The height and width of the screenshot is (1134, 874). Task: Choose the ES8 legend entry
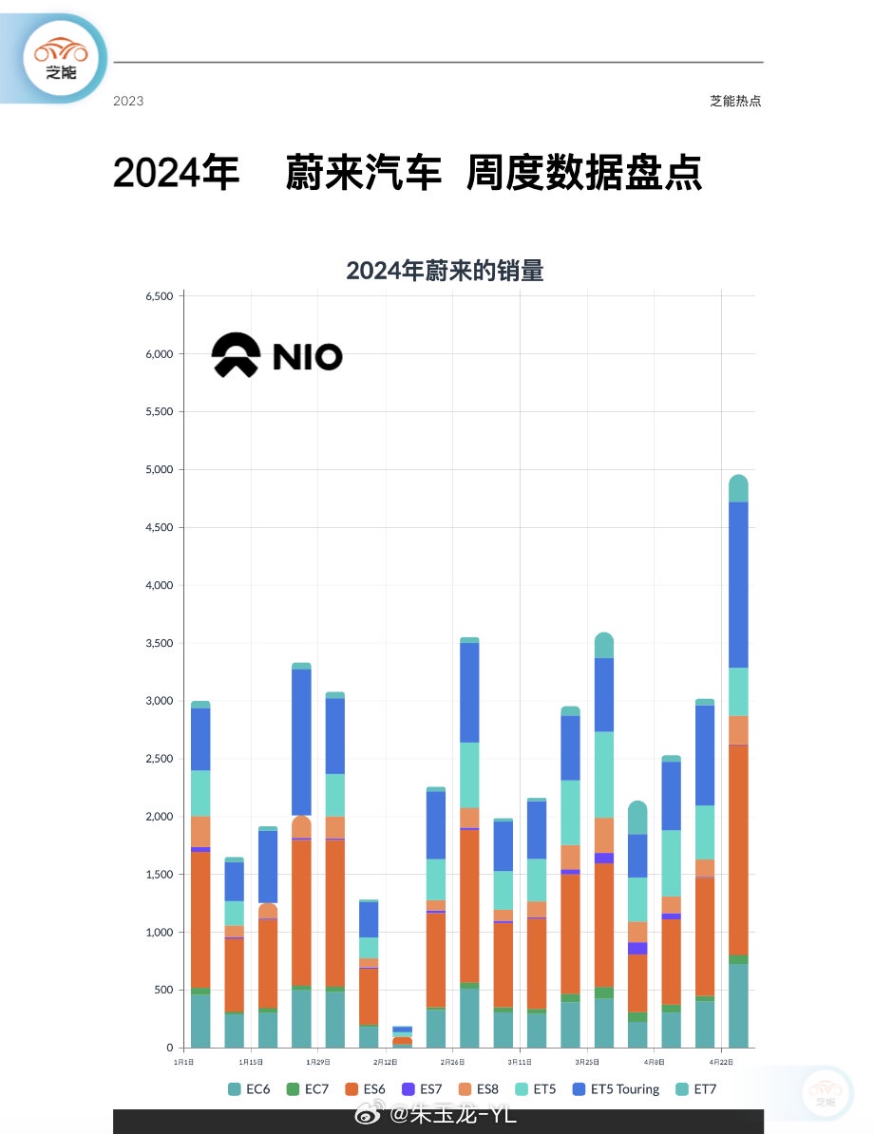tap(478, 1089)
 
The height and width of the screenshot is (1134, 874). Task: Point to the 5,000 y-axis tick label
tap(159, 470)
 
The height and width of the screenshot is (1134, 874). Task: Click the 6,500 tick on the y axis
tap(159, 296)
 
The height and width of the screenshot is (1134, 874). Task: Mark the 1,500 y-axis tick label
tap(159, 875)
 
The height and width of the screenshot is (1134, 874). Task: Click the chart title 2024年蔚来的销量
tap(445, 271)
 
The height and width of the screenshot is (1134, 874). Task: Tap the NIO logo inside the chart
tap(276, 356)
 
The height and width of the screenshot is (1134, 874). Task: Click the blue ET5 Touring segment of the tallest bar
tap(738, 584)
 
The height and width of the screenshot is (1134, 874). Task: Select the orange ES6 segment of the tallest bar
tap(738, 850)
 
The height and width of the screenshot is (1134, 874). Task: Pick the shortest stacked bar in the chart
tap(402, 1037)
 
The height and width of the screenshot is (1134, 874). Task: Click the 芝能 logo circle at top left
tap(62, 59)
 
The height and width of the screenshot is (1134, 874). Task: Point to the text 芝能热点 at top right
tap(735, 101)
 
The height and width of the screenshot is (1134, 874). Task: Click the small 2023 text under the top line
tap(128, 101)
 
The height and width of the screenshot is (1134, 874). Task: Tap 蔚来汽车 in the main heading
tap(364, 174)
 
